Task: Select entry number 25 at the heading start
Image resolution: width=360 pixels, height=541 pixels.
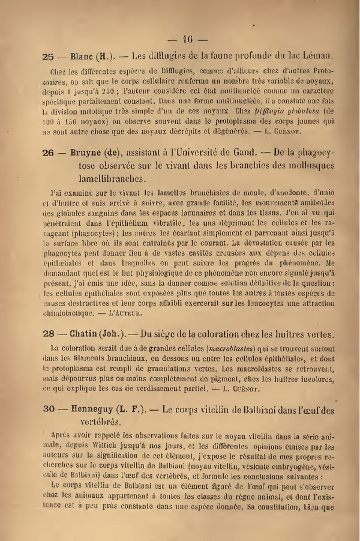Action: click(49, 58)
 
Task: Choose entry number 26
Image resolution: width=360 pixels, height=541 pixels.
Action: click(49, 154)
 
